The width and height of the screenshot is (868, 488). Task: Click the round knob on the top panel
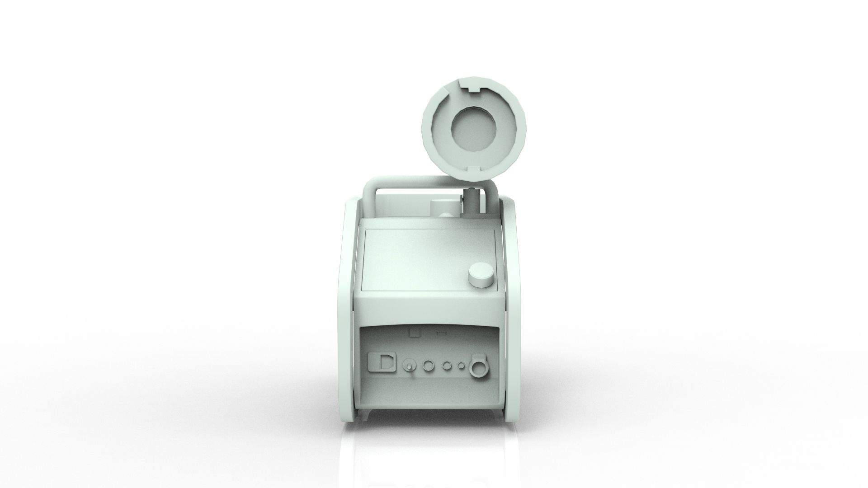[481, 276]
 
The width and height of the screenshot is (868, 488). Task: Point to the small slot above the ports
[442, 333]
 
